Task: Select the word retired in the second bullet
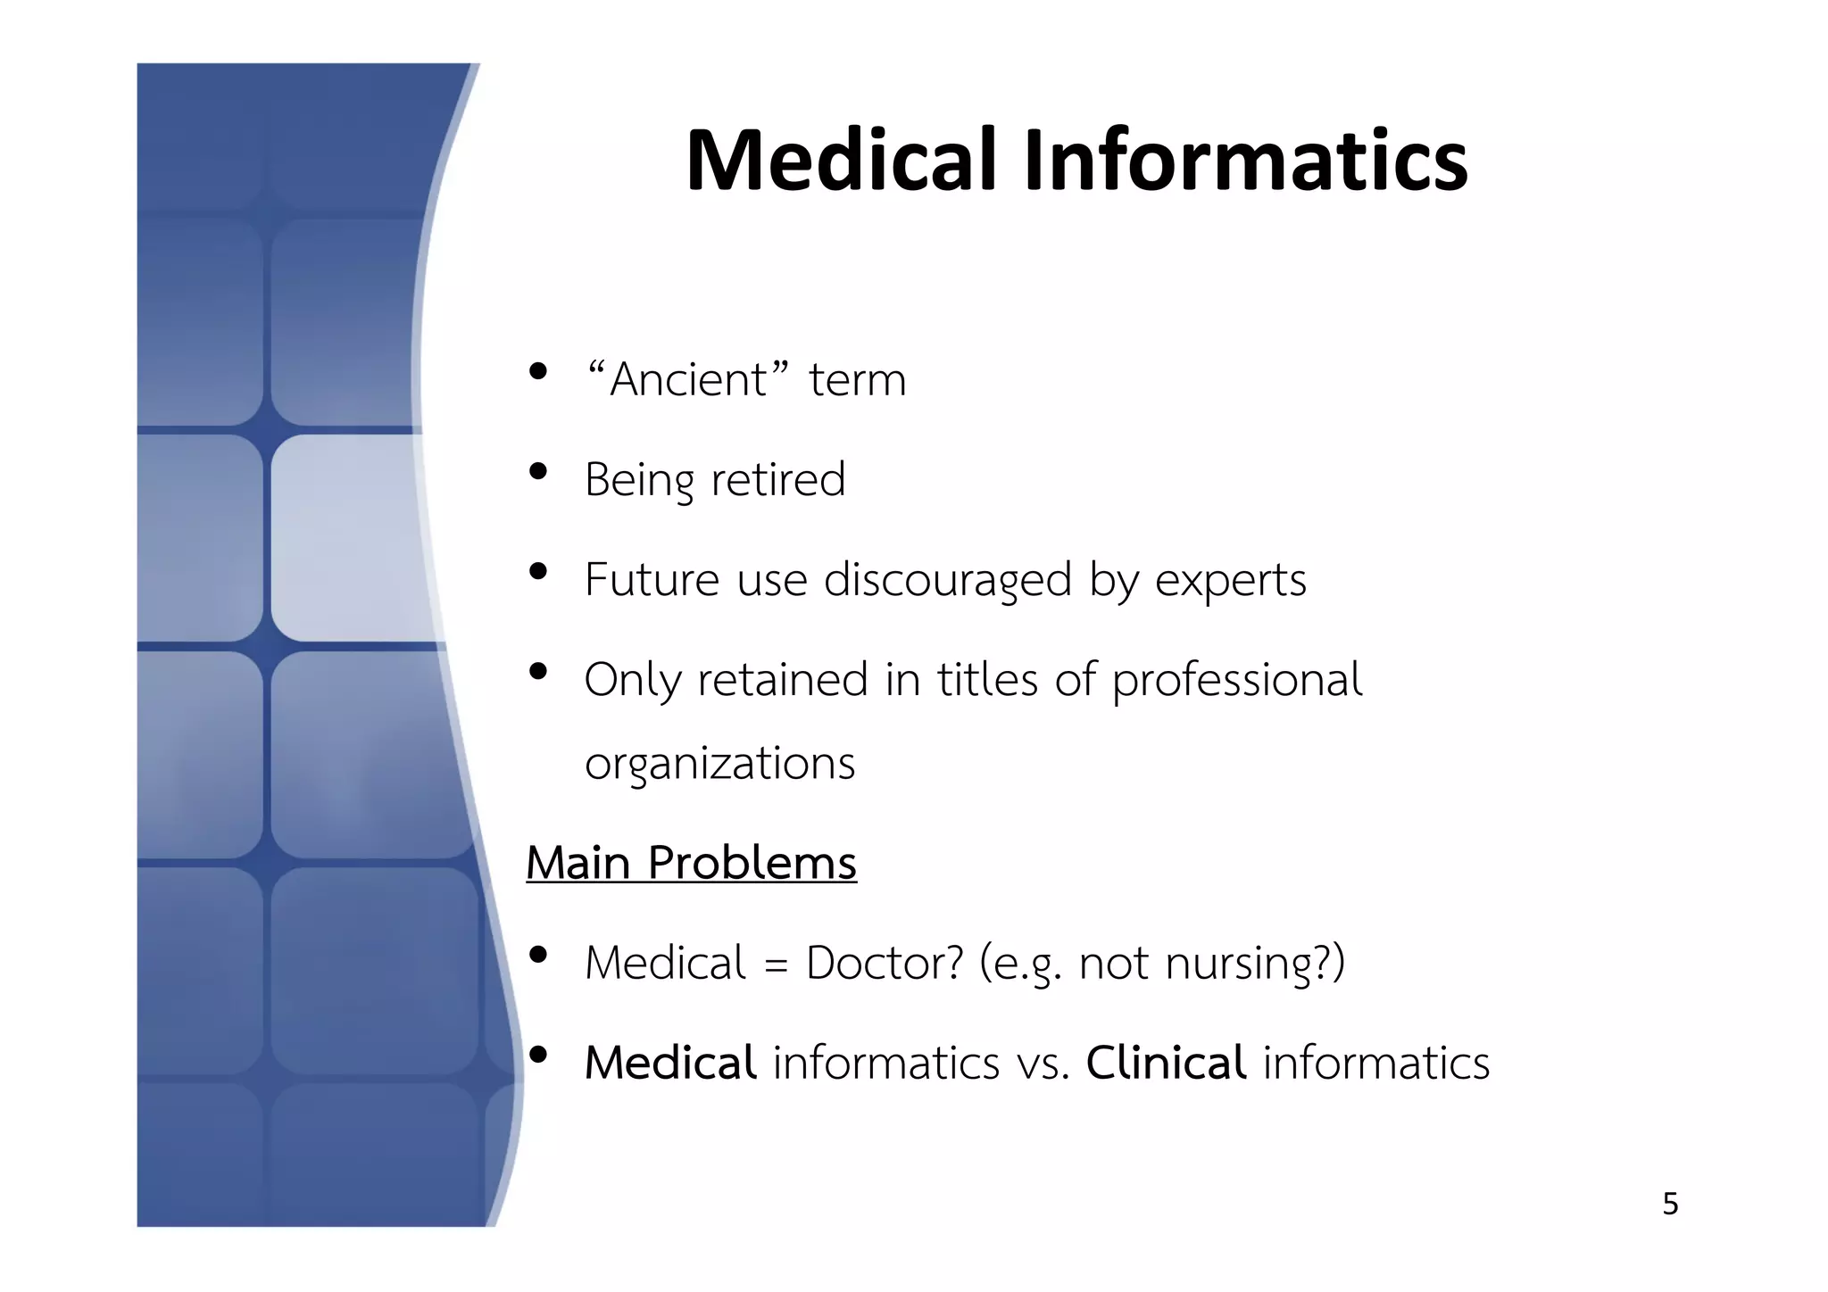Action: [777, 479]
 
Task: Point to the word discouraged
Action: [947, 580]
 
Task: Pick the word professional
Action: [1237, 681]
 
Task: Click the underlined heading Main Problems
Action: [691, 864]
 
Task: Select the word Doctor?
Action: [885, 964]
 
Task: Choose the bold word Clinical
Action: [1166, 1063]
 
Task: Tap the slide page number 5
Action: [1670, 1205]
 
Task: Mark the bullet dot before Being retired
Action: [537, 471]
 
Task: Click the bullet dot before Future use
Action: [537, 571]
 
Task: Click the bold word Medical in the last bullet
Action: [670, 1063]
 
